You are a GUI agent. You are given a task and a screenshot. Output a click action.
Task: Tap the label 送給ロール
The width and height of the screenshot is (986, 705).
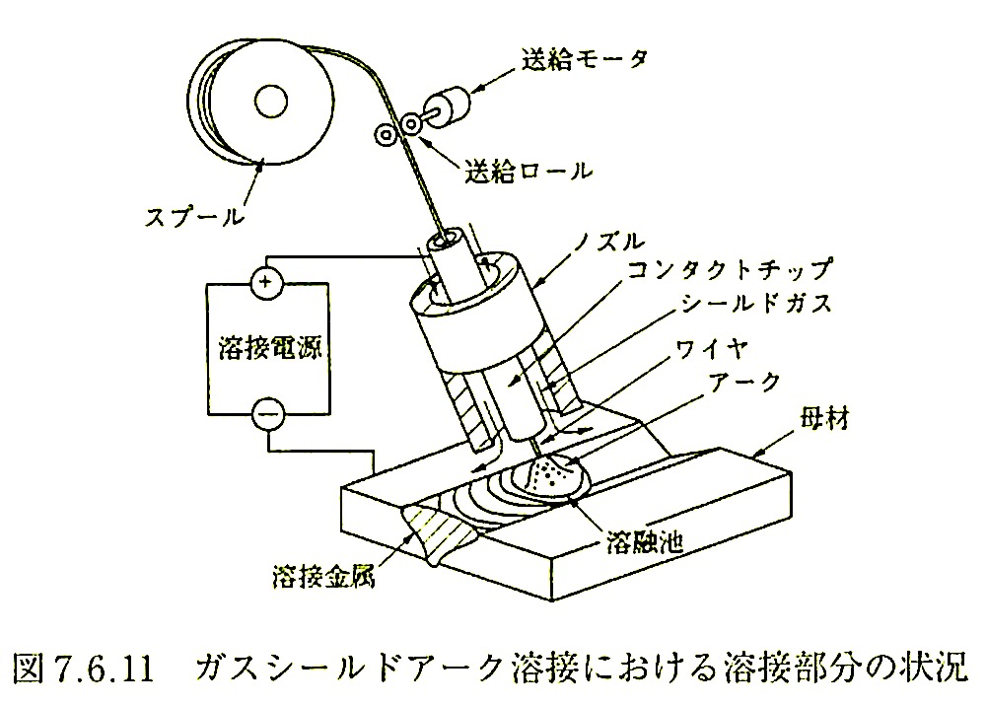tap(529, 171)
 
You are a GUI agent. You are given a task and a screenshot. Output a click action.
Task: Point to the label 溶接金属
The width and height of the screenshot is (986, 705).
tap(320, 575)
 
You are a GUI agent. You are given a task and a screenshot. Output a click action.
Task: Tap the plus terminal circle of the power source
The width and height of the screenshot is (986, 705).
tap(264, 284)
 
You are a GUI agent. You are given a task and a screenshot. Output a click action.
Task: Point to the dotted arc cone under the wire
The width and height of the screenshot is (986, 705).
tap(547, 476)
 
